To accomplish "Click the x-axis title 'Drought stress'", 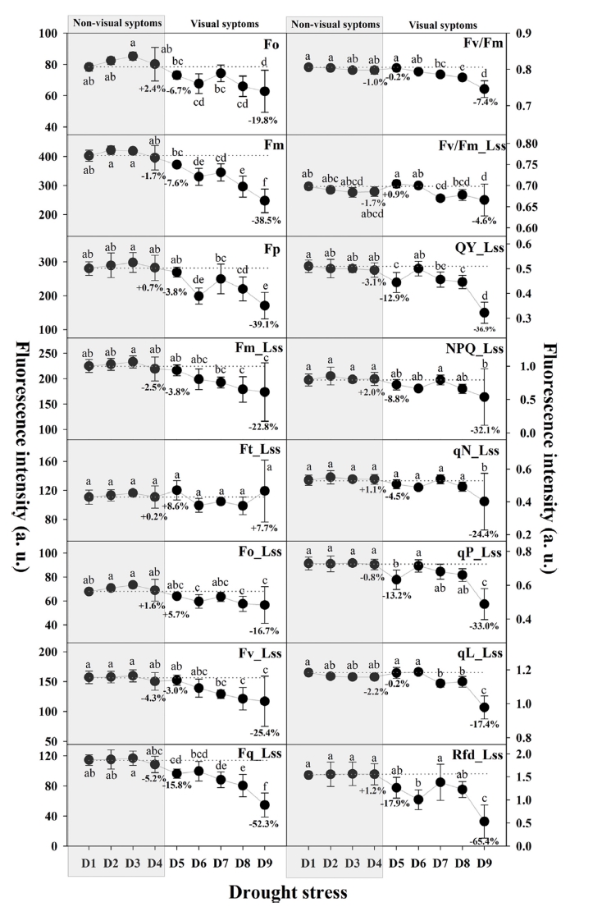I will (x=301, y=891).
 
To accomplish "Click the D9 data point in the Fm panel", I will (x=265, y=200).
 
